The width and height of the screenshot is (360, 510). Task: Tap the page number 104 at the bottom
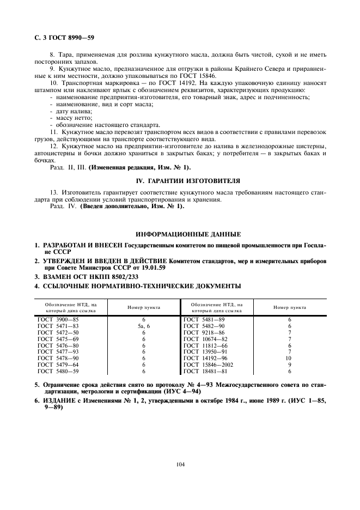pyautogui.click(x=180, y=464)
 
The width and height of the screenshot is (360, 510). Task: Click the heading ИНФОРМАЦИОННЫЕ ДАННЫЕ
pyautogui.click(x=180, y=234)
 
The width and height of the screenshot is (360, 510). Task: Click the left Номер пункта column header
pyautogui.click(x=143, y=307)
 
